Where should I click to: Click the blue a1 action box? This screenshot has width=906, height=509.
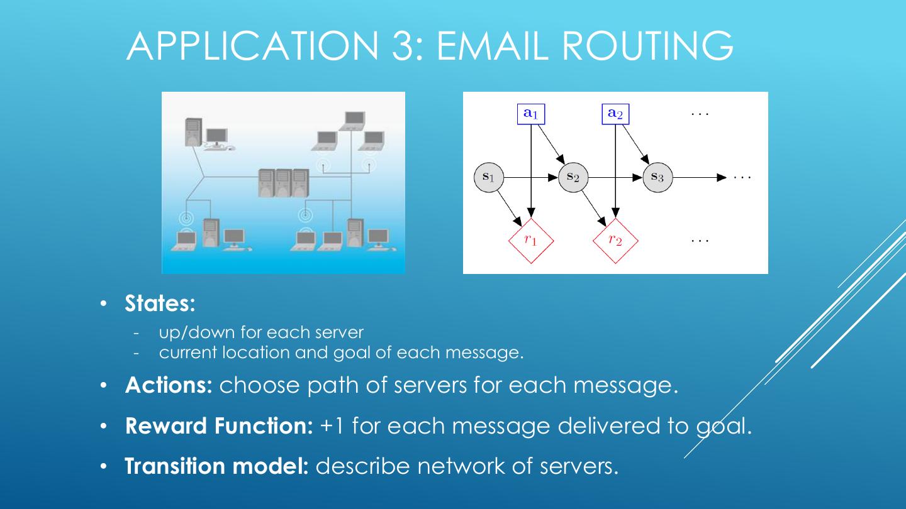[x=531, y=114]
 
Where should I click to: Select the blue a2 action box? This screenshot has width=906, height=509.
[x=615, y=114]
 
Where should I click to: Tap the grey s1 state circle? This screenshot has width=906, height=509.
[x=489, y=177]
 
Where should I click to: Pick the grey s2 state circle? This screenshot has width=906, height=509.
[x=573, y=177]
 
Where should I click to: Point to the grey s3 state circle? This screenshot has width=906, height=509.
[x=657, y=177]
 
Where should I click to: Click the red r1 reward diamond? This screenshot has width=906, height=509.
[x=531, y=241]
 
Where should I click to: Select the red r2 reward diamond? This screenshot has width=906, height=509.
[x=615, y=241]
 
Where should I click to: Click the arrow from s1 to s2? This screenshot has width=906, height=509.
[x=531, y=177]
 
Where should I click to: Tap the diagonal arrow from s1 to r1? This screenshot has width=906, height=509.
[x=510, y=209]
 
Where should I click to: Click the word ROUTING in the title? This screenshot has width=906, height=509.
[x=647, y=46]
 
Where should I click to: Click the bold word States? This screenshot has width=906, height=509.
[x=160, y=304]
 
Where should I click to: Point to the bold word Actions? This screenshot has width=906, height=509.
[x=169, y=385]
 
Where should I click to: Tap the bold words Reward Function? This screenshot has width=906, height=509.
[x=219, y=426]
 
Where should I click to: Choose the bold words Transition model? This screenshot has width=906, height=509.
[x=217, y=466]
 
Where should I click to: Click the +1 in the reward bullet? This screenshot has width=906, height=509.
[x=331, y=426]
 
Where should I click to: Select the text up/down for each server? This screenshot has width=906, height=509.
[x=261, y=332]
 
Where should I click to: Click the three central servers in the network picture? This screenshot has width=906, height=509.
[x=284, y=183]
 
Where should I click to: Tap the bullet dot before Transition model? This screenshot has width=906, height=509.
[x=104, y=466]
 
